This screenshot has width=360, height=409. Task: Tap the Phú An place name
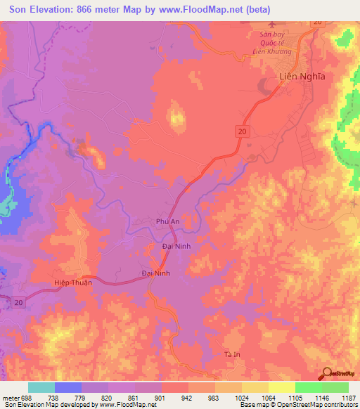click(x=169, y=221)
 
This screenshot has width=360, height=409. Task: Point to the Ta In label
click(x=232, y=353)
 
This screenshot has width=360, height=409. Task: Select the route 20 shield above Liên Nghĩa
click(x=318, y=23)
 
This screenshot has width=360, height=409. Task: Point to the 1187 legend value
click(x=348, y=398)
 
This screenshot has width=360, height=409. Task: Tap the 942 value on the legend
click(x=186, y=398)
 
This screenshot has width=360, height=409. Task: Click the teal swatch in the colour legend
click(x=41, y=387)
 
